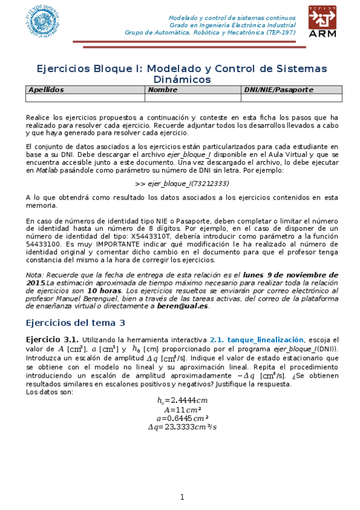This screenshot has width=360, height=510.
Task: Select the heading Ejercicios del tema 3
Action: click(x=76, y=323)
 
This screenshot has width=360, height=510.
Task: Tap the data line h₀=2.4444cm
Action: click(x=182, y=400)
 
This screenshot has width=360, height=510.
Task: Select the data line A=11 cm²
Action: click(x=182, y=409)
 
